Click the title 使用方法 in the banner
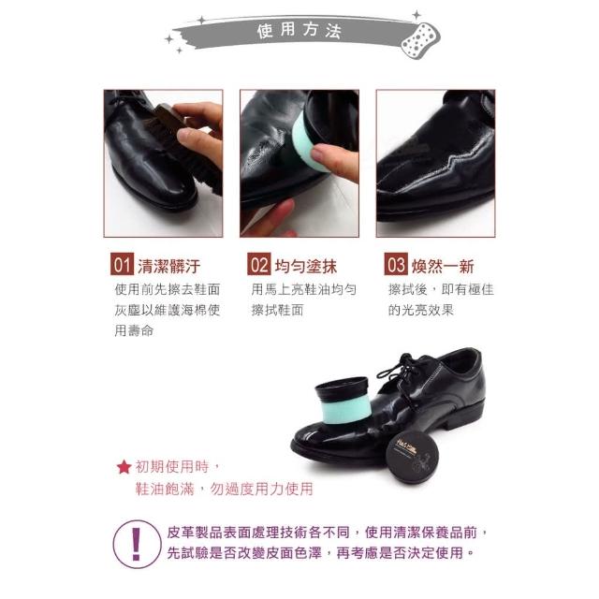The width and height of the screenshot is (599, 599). pos(299,31)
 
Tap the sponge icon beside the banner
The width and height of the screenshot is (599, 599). pos(420,39)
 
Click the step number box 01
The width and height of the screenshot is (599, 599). pos(123,264)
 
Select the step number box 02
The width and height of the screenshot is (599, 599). pos(259,264)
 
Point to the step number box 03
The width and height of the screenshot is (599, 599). pos(396,264)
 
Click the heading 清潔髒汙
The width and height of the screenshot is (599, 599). pos(168,266)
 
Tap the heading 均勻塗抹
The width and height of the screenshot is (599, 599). pos(306,266)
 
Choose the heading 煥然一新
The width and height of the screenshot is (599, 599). pos(443,266)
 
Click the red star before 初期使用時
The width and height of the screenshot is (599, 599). pos(124,467)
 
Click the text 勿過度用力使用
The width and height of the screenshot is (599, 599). pos(262,489)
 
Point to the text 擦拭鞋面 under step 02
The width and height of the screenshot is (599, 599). pos(277,310)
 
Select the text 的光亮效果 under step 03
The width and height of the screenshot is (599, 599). pos(421,310)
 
